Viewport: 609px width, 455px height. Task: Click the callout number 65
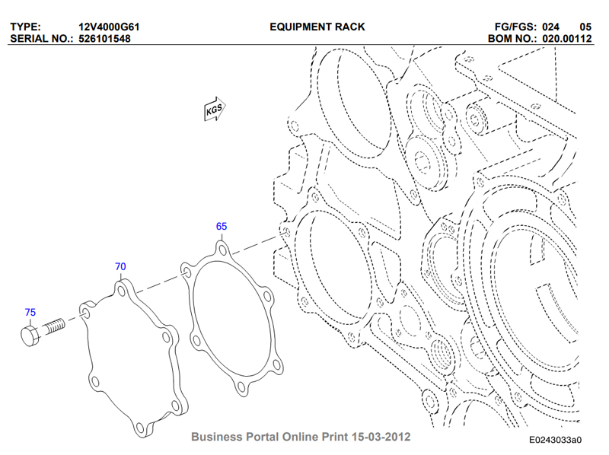tap(222, 226)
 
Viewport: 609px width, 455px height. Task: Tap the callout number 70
tap(120, 267)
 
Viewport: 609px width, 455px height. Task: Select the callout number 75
tap(30, 313)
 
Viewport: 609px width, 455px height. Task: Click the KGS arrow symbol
tap(215, 109)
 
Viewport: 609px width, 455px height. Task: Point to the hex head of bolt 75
tap(30, 336)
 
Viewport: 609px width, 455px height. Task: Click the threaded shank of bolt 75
tap(54, 326)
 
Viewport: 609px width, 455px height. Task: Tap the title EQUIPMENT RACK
tap(317, 27)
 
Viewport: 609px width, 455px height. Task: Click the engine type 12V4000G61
tap(109, 27)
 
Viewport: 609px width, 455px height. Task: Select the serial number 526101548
tap(104, 39)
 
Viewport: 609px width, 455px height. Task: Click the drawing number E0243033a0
tap(556, 440)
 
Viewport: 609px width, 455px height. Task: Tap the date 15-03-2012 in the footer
tap(381, 437)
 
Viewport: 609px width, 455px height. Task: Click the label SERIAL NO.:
tap(42, 39)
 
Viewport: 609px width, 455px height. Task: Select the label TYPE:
tap(25, 27)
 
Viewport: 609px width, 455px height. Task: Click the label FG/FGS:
tap(515, 27)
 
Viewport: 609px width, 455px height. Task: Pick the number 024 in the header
tap(550, 27)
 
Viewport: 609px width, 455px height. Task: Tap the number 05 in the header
tap(585, 27)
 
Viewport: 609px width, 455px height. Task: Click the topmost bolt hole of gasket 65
tap(222, 250)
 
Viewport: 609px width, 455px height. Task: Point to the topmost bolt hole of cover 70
tap(122, 291)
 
